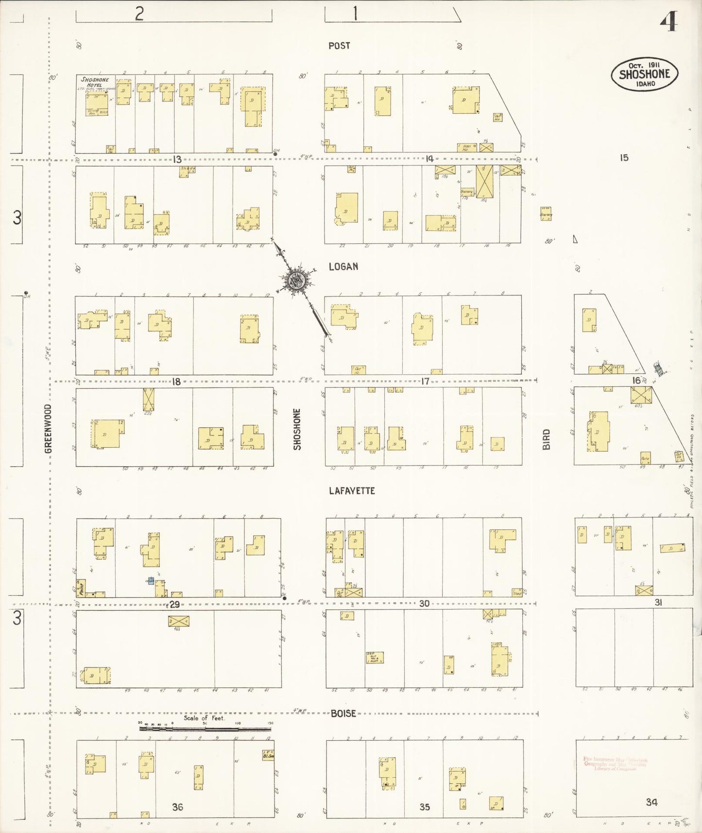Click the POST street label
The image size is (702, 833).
tap(339, 46)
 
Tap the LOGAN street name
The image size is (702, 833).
tap(343, 266)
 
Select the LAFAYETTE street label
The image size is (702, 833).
tap(352, 491)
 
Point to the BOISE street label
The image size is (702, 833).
tap(343, 713)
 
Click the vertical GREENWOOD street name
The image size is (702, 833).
tap(48, 429)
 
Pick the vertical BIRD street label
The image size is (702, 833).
tap(547, 439)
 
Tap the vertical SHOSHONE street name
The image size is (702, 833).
tap(297, 429)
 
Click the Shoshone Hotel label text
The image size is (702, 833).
tap(95, 82)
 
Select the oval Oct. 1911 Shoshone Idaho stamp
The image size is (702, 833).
tap(644, 74)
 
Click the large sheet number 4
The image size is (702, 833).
tap(669, 21)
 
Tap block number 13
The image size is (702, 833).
tap(176, 159)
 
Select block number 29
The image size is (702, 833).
tap(174, 604)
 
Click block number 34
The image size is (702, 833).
tap(651, 802)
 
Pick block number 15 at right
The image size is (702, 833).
tap(624, 157)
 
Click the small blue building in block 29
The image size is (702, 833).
tap(151, 580)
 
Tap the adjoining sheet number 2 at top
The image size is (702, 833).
tap(139, 14)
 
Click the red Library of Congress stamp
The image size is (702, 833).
tap(615, 764)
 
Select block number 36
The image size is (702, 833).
tap(177, 807)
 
